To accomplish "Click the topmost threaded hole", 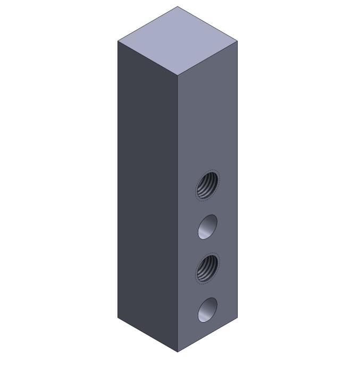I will tap(207, 185).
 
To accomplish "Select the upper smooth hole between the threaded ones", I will tap(207, 227).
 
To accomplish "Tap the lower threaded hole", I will tap(207, 268).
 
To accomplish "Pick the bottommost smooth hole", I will tap(207, 309).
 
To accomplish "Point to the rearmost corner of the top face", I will tap(177, 6).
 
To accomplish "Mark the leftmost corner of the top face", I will tap(118, 40).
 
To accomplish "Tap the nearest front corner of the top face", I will tap(177, 75).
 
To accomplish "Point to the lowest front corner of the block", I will tap(177, 352).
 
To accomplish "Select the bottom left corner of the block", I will tap(118, 317).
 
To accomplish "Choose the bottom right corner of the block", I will tap(237, 317).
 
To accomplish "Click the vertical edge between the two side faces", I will tap(177, 213).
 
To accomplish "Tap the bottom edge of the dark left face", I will tap(147, 335).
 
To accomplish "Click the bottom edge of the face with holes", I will tap(207, 335).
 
